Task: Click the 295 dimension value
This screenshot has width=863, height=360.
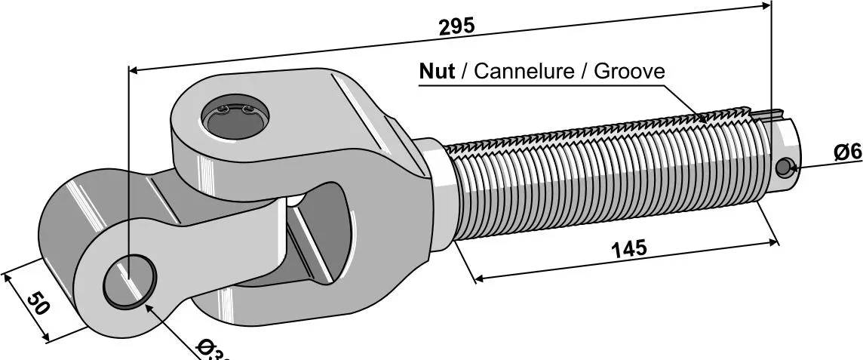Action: pos(456,26)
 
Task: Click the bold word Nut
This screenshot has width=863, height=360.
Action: pos(437,72)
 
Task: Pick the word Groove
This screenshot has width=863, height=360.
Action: pos(629,72)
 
